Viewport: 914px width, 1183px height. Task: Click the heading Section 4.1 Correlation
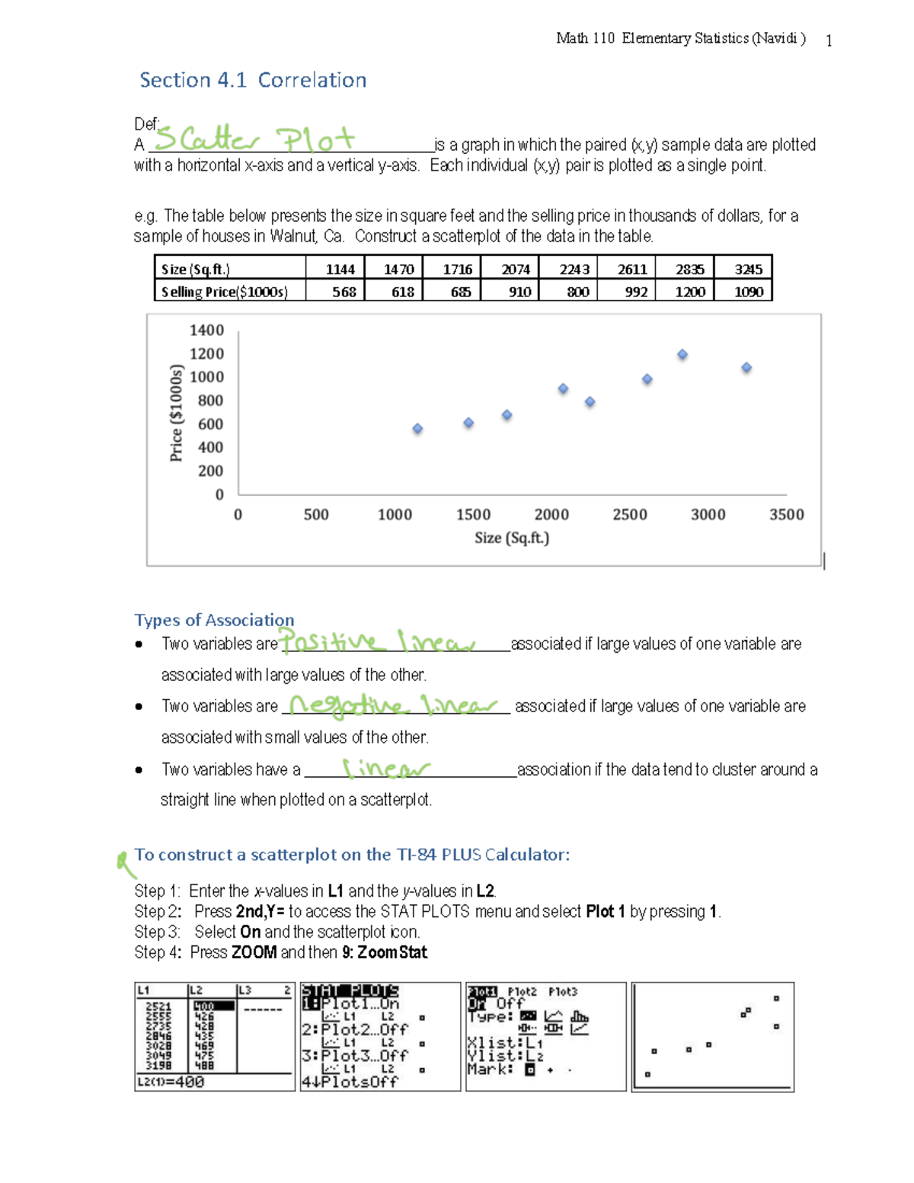coord(253,80)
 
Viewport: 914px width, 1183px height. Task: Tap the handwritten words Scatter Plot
coord(254,139)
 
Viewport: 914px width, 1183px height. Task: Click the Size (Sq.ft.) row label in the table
coord(196,269)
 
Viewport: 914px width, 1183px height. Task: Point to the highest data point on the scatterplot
coord(682,355)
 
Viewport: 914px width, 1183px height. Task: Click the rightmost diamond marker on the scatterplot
coord(746,368)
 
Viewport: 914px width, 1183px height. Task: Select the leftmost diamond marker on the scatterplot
coord(417,429)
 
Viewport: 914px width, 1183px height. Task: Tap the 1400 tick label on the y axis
coord(206,331)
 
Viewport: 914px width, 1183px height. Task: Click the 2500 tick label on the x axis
coord(629,515)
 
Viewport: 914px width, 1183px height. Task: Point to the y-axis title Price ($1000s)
coord(176,413)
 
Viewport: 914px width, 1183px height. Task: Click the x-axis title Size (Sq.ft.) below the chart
coord(512,538)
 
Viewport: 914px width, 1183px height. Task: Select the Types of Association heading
coord(214,620)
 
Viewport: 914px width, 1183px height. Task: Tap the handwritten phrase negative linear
coord(393,705)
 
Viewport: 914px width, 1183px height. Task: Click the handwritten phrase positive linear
coord(377,642)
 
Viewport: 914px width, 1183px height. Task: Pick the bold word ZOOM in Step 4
coord(254,952)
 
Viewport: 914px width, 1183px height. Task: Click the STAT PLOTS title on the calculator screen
coord(350,991)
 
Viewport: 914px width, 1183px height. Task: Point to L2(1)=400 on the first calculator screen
coord(171,1082)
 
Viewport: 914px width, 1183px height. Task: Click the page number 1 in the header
coord(829,41)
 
